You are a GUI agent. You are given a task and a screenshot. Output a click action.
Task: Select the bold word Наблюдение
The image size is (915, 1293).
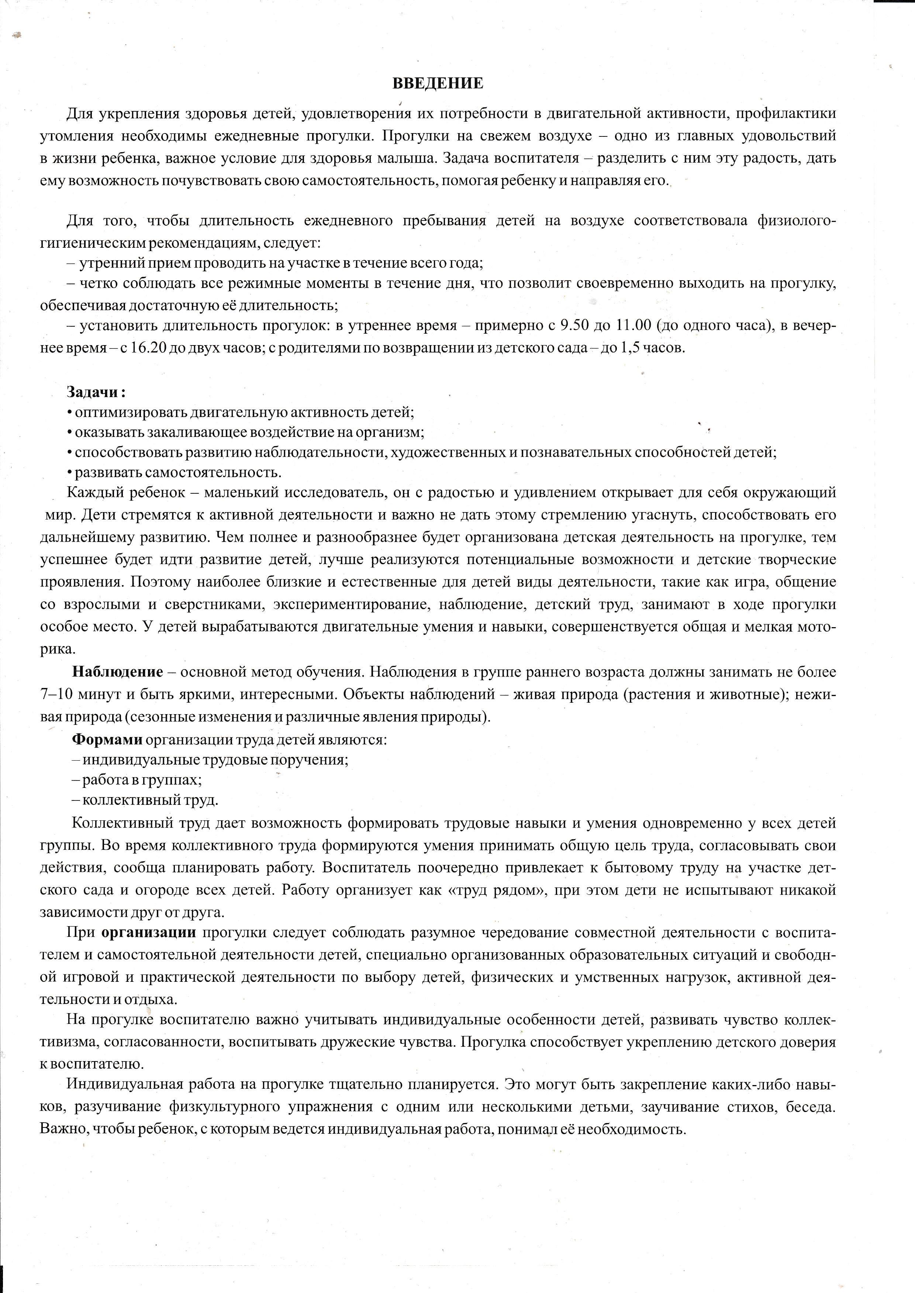(117, 672)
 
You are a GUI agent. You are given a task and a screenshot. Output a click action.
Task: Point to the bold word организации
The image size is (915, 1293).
(149, 932)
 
